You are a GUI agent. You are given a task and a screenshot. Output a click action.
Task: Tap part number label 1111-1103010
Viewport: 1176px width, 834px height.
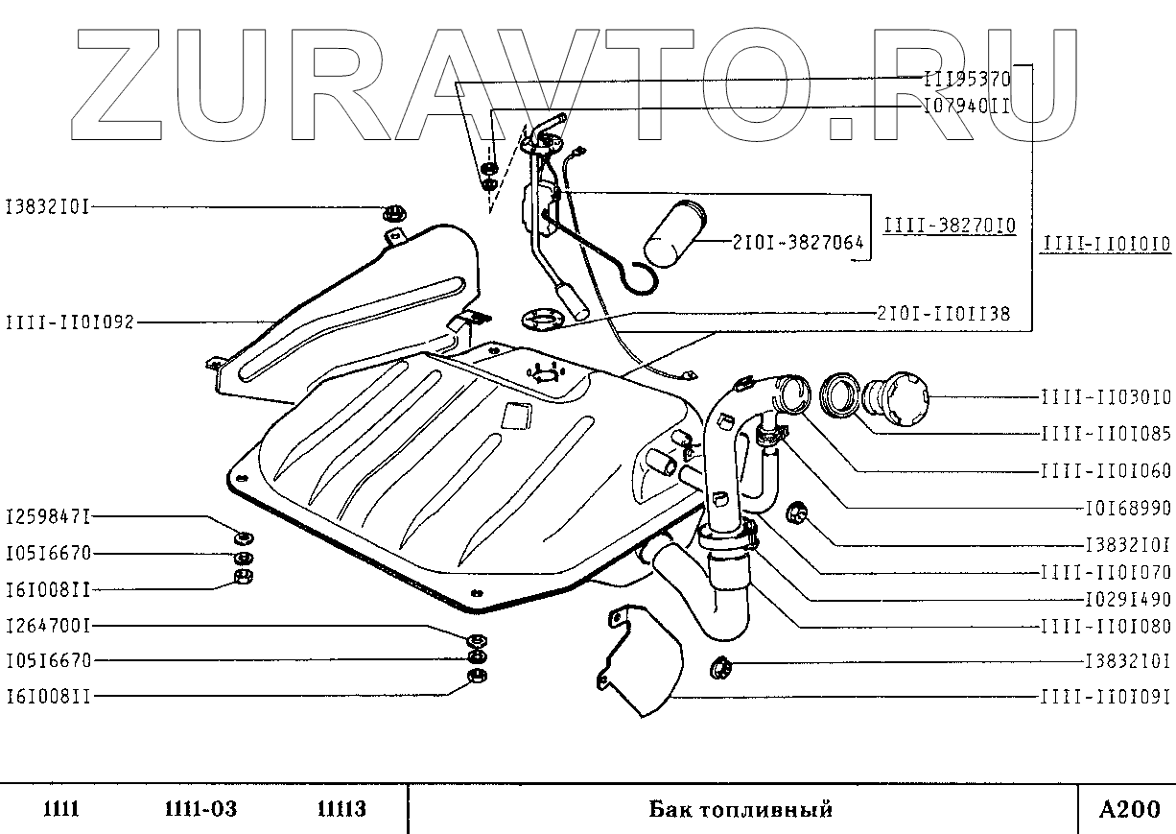tap(1106, 396)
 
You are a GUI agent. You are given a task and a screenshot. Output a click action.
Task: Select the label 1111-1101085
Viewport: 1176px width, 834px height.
tap(1106, 434)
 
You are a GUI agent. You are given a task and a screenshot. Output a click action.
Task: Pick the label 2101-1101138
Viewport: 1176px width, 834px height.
tap(943, 314)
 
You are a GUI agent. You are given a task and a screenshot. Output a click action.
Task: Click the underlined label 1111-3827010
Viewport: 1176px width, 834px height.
tap(950, 226)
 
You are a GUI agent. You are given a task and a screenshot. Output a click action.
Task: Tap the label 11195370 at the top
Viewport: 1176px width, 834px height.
tap(967, 81)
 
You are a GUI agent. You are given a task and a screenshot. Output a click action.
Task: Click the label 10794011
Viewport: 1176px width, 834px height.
tap(966, 106)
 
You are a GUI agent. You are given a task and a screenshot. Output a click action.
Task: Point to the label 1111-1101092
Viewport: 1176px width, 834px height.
tap(70, 322)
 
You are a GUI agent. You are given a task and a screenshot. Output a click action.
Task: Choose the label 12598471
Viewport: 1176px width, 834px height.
tap(48, 517)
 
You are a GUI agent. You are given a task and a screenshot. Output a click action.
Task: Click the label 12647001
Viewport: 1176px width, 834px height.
tap(48, 625)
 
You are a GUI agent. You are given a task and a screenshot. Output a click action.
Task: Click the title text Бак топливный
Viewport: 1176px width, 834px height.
tap(741, 809)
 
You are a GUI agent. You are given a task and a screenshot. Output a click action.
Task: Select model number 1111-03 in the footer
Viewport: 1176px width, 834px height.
tap(195, 809)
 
